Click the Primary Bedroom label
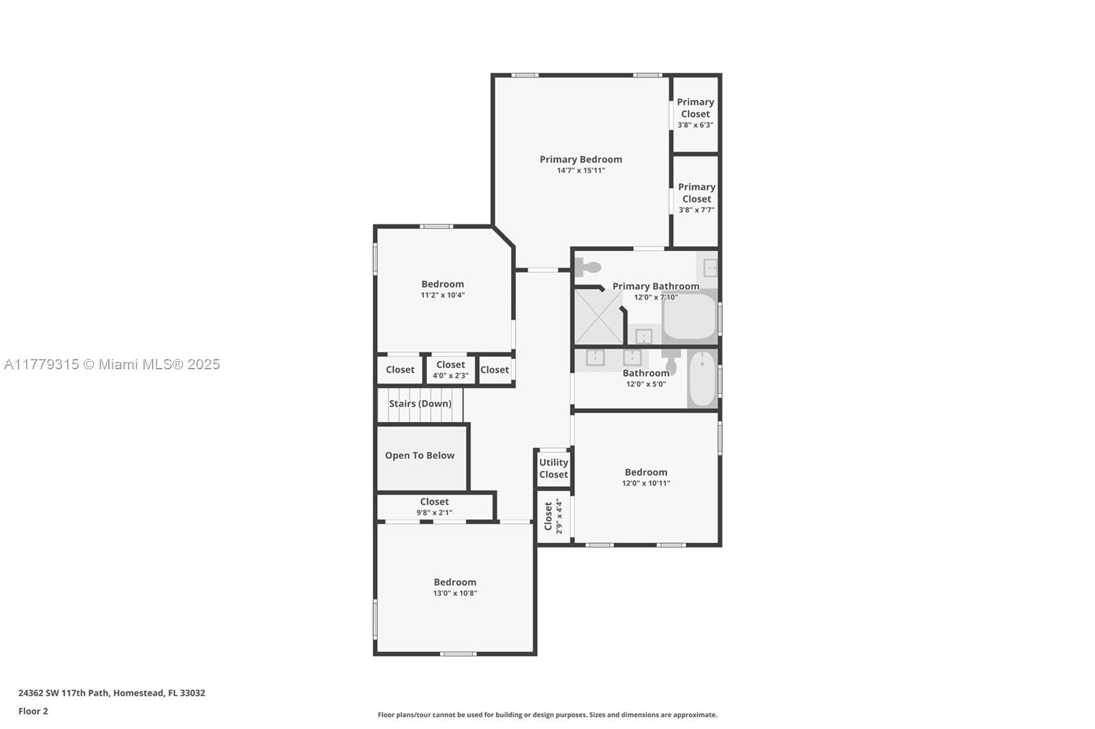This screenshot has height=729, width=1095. tap(581, 159)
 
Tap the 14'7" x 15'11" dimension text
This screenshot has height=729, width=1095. tap(581, 170)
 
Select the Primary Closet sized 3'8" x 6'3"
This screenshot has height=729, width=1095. tap(695, 114)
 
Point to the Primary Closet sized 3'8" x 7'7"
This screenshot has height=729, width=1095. tap(696, 201)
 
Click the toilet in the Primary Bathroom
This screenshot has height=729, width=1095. tap(588, 267)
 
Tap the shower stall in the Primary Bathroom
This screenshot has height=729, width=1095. tap(598, 317)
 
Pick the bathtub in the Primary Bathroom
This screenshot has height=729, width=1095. tap(690, 316)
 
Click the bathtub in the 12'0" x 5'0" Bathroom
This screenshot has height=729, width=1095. tap(702, 379)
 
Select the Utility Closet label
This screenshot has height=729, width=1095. tap(554, 468)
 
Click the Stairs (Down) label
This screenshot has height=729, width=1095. tap(420, 403)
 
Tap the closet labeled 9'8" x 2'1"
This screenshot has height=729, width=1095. tap(435, 507)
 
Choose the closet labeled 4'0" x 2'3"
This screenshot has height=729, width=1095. tap(451, 370)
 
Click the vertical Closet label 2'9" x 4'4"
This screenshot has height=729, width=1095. tap(553, 516)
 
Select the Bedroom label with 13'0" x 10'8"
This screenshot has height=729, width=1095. tap(455, 583)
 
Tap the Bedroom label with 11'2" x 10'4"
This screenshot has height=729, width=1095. tap(443, 284)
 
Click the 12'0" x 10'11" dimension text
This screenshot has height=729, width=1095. tap(646, 483)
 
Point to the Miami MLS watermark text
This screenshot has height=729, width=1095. tap(112, 364)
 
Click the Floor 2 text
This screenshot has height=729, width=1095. tap(34, 711)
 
